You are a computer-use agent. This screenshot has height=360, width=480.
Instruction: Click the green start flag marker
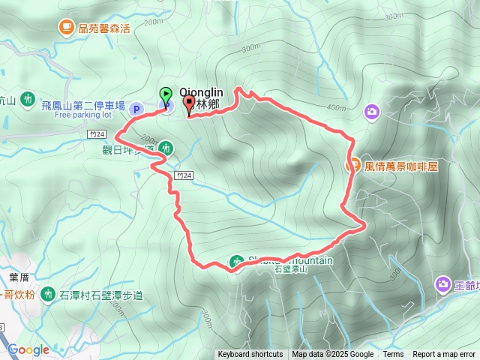click(x=166, y=95)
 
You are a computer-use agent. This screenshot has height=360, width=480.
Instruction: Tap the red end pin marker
click(x=188, y=104)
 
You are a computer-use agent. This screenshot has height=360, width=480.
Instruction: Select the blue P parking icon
click(x=136, y=109)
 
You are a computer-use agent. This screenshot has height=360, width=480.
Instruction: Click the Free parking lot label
click(x=82, y=115)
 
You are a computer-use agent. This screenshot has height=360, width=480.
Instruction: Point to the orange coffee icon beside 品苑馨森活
click(x=66, y=28)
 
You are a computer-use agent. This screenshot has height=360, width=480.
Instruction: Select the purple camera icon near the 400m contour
click(x=371, y=112)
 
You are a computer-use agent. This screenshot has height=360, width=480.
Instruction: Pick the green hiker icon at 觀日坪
click(x=165, y=148)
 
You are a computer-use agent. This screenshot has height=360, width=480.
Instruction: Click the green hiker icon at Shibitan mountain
click(x=237, y=261)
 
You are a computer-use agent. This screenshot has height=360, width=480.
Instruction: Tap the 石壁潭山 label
click(x=291, y=269)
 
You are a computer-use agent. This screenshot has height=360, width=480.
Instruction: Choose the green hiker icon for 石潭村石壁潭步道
click(x=49, y=293)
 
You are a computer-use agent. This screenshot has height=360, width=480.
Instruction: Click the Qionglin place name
click(x=201, y=93)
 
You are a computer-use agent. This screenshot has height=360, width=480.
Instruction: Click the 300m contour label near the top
click(x=251, y=49)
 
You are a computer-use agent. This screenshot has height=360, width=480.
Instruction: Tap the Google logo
click(x=28, y=349)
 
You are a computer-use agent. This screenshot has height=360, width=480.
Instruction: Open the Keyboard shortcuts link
click(x=250, y=355)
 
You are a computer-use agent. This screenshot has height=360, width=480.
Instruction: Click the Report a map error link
click(x=444, y=355)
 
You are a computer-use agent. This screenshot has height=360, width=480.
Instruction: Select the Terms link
click(x=393, y=355)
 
